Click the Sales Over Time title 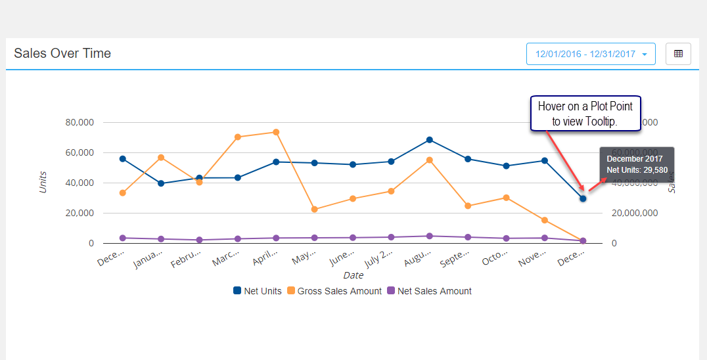62,53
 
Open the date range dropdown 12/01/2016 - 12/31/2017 591,54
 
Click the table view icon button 678,54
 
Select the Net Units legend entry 258,291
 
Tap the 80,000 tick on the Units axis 80,122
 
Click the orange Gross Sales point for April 276,132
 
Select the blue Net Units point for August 430,140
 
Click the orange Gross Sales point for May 315,209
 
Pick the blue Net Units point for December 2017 583,198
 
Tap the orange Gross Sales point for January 161,158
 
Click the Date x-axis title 353,275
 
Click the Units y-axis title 43,183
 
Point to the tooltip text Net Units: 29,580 637,170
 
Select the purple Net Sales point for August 430,236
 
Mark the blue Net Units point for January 161,183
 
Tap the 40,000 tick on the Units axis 80,183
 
